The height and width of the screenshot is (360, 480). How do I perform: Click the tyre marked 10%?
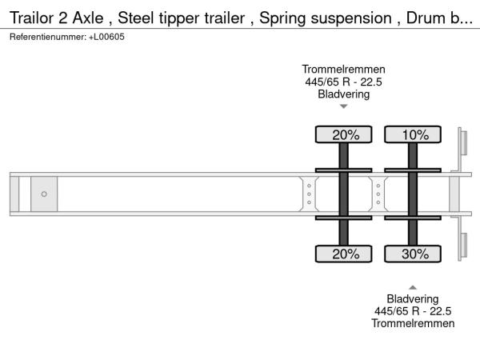(x=413, y=134)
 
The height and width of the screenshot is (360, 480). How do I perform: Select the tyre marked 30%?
(x=413, y=254)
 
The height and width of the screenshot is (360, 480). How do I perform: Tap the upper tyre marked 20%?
(x=343, y=134)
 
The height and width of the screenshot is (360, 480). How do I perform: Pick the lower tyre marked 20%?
(x=343, y=254)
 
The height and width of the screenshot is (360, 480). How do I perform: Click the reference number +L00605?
(x=106, y=37)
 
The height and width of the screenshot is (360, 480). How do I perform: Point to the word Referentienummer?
(x=48, y=37)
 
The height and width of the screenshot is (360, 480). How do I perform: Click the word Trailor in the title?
(x=31, y=18)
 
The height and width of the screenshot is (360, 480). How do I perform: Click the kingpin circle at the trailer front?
(x=44, y=194)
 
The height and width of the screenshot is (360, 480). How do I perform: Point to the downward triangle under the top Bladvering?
(x=344, y=106)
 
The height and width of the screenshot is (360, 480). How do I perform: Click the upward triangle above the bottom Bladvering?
(x=413, y=287)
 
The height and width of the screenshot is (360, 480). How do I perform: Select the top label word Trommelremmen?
(x=343, y=70)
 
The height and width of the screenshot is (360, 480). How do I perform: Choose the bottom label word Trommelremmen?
(x=413, y=323)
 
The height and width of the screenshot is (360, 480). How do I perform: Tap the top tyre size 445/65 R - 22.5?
(x=343, y=82)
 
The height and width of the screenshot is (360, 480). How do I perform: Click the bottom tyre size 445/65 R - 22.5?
(x=413, y=311)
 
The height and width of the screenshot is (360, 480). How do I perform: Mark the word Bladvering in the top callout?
(x=344, y=94)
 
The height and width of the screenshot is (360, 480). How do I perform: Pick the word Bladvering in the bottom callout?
(x=413, y=299)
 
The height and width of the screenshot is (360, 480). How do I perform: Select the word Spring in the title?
(x=282, y=18)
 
